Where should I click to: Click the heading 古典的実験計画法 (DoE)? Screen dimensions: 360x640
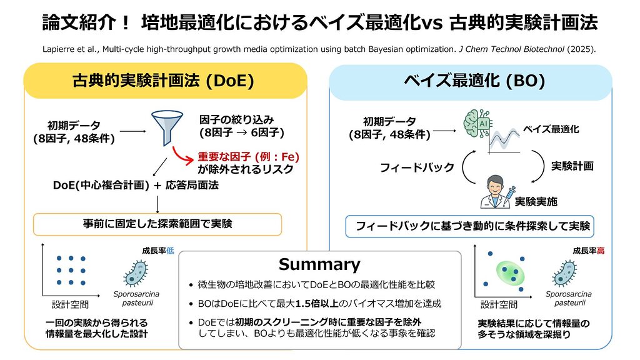[x=163, y=81]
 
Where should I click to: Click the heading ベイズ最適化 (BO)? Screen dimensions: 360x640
[x=474, y=81]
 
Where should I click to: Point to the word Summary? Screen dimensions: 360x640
[x=319, y=264]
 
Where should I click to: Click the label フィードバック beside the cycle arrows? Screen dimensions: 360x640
[x=417, y=167]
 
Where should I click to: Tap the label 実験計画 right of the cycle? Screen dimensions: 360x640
[x=572, y=166]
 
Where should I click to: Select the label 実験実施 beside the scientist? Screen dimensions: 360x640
[x=535, y=202]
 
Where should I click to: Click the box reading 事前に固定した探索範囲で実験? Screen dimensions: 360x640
[x=157, y=223]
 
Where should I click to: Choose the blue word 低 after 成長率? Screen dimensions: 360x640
[x=169, y=251]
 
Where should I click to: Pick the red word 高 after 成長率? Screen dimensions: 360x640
[x=601, y=251]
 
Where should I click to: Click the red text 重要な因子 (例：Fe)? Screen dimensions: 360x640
[x=248, y=156]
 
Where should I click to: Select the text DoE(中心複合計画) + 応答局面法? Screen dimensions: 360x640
[x=136, y=186]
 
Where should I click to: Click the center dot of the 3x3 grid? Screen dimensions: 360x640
[x=71, y=270]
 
